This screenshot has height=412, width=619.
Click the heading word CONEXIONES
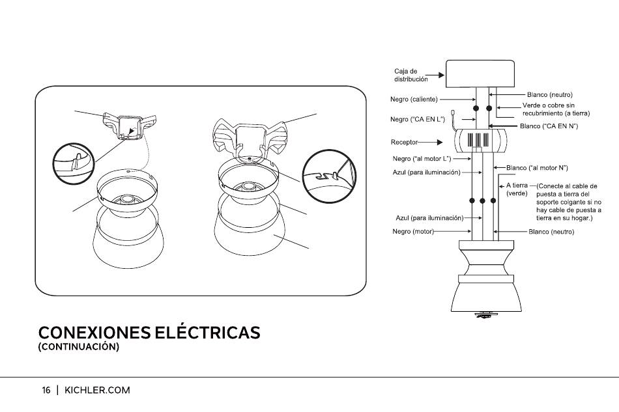94,333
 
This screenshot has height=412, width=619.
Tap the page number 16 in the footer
46,391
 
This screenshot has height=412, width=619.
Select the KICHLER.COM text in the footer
97,391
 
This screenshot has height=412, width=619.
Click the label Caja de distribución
410,76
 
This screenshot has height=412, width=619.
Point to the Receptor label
404,142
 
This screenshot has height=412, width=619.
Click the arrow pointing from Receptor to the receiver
430,143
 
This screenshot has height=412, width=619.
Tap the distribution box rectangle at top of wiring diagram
480,74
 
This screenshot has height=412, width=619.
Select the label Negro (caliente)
414,100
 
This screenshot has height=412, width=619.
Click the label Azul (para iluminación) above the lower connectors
426,172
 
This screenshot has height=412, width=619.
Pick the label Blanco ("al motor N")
537,168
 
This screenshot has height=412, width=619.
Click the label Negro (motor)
413,232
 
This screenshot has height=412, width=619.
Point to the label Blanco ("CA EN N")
549,126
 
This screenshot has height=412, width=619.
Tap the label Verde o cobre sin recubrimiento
556,109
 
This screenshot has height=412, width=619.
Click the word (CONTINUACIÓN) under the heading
79,347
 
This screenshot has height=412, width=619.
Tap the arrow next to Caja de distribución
435,75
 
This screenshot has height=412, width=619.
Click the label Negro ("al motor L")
422,159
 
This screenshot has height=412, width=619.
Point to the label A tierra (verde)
517,189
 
